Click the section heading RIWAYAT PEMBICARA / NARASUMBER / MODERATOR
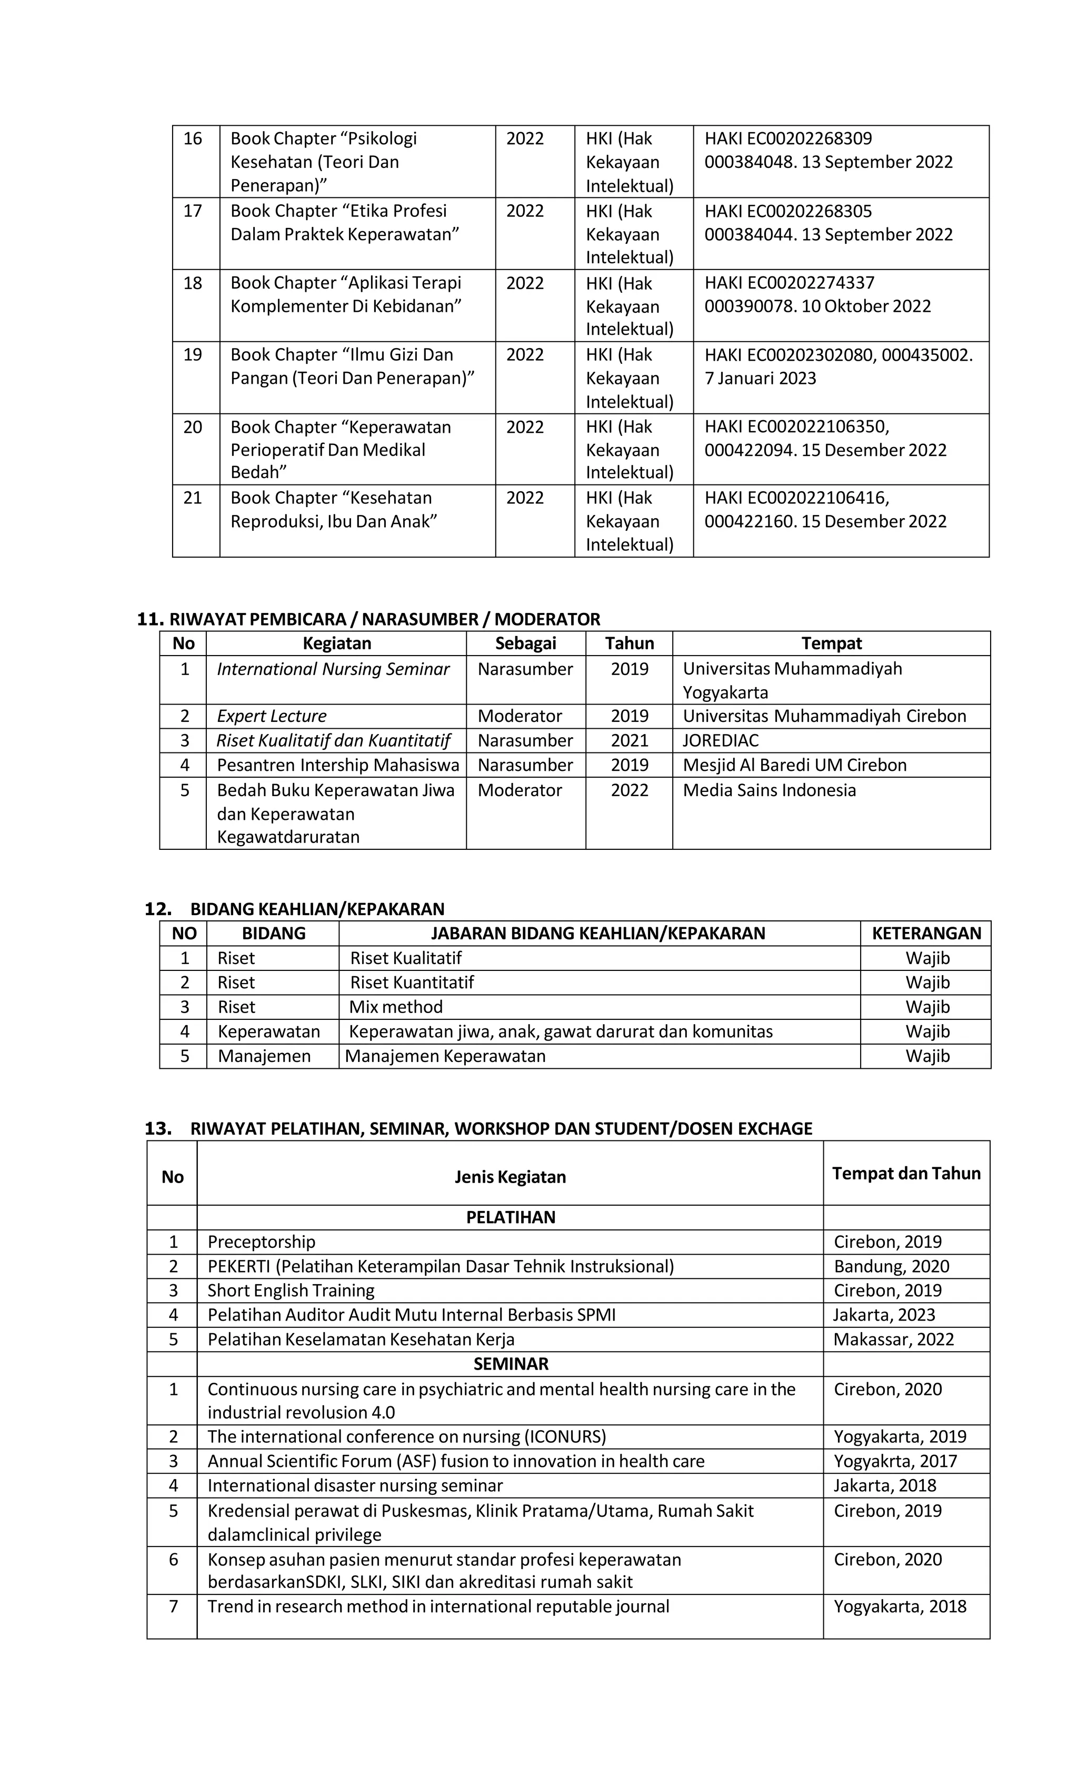(x=384, y=619)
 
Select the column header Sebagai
(x=525, y=643)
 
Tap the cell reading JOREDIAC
(x=721, y=740)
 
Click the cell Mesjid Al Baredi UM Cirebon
(x=794, y=765)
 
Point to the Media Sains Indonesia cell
(x=769, y=790)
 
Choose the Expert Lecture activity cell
(x=272, y=716)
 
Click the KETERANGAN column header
(x=926, y=934)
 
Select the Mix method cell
(x=396, y=1007)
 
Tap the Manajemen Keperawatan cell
(x=445, y=1056)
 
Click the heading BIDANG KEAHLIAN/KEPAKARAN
(x=317, y=909)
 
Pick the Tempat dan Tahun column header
(x=906, y=1174)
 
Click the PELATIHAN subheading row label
(x=510, y=1217)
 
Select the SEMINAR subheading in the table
(x=510, y=1364)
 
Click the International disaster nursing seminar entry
(x=355, y=1485)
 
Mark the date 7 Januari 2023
(x=760, y=379)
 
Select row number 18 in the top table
(x=193, y=283)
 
